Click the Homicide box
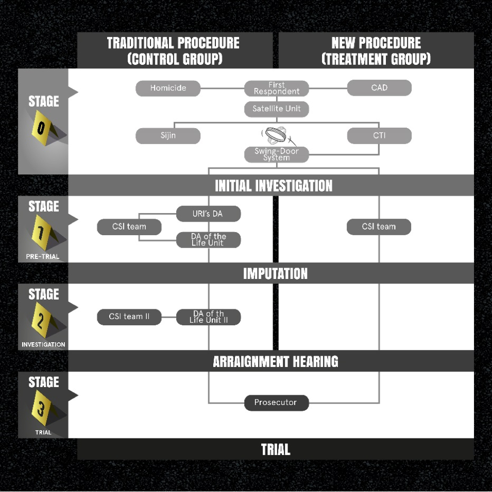(x=168, y=88)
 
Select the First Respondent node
(x=276, y=88)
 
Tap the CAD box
(x=379, y=88)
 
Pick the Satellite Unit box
(x=276, y=109)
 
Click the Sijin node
(x=168, y=136)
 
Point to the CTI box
(x=379, y=136)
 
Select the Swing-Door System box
(x=276, y=154)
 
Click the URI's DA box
(x=208, y=214)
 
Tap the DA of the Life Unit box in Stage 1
(x=208, y=240)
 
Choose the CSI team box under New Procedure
(x=379, y=226)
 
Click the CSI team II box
(x=129, y=317)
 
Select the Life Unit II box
(x=208, y=317)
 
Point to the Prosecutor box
(x=276, y=402)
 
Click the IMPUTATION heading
(x=275, y=273)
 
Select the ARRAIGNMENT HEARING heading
(x=275, y=361)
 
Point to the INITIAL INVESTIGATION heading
(x=274, y=185)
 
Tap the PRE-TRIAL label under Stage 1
(x=43, y=256)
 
